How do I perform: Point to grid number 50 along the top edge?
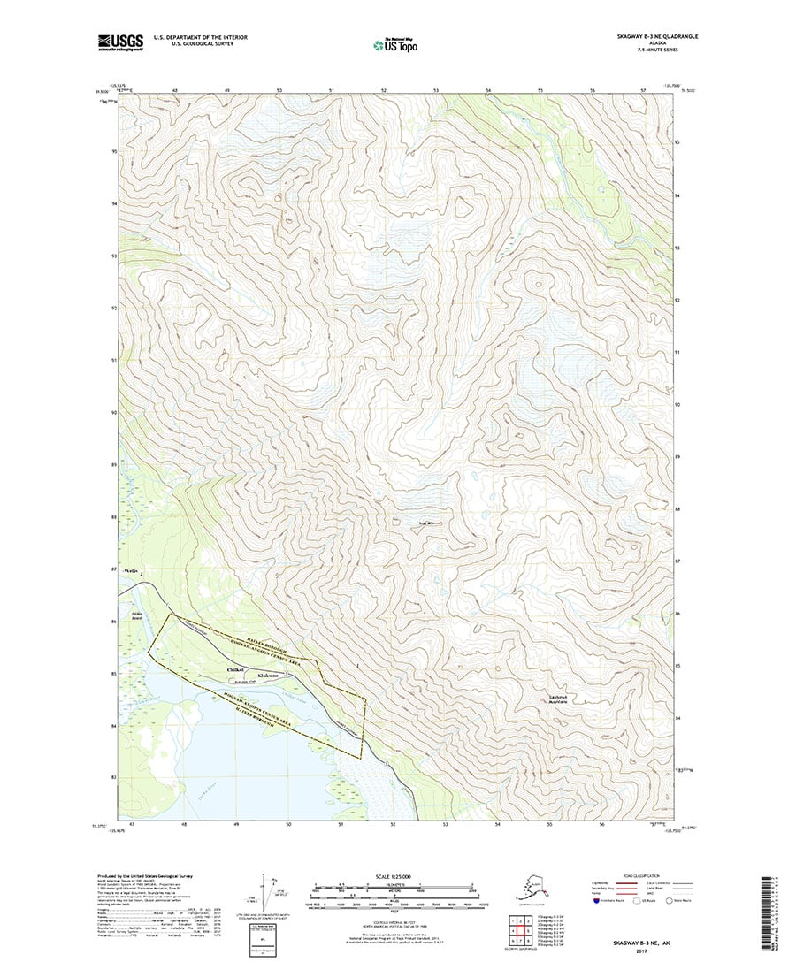(x=279, y=91)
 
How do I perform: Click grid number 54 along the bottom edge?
(x=499, y=824)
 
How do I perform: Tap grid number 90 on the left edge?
(x=114, y=413)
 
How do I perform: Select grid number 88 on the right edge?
(x=677, y=509)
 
